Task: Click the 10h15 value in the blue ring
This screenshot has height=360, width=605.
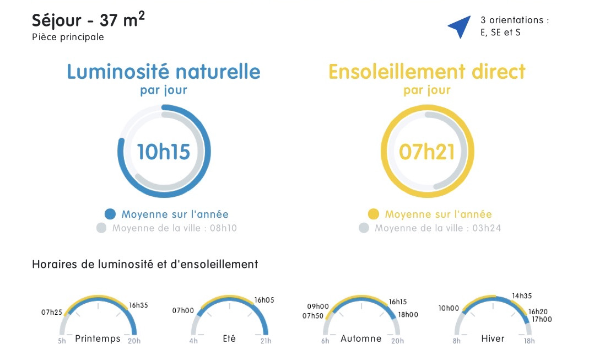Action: point(164,152)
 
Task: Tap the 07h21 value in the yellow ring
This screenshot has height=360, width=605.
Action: point(426,152)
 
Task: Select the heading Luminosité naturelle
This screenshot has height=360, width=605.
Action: point(164,72)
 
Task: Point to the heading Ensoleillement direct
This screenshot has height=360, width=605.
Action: point(426,72)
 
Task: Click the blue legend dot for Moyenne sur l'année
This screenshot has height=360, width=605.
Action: point(110,214)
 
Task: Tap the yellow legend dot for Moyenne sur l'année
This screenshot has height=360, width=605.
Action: point(373,214)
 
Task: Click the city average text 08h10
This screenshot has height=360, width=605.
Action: point(223,228)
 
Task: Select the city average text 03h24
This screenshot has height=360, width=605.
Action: point(487,228)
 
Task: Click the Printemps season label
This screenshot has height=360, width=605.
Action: point(98,339)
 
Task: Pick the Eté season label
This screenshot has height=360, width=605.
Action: point(229,338)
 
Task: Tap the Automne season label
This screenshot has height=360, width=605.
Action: point(361,339)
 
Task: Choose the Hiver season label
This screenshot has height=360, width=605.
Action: point(493,339)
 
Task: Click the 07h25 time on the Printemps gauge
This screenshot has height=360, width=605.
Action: point(52,312)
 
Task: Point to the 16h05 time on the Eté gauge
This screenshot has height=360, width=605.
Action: point(264,300)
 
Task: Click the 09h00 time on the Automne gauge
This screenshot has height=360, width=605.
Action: point(318,307)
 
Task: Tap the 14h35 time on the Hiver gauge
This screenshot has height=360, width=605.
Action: point(522,296)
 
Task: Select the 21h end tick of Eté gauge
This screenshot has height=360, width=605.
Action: point(266,341)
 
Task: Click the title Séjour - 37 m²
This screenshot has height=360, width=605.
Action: point(88,19)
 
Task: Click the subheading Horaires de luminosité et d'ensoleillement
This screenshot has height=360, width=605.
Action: point(145,264)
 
